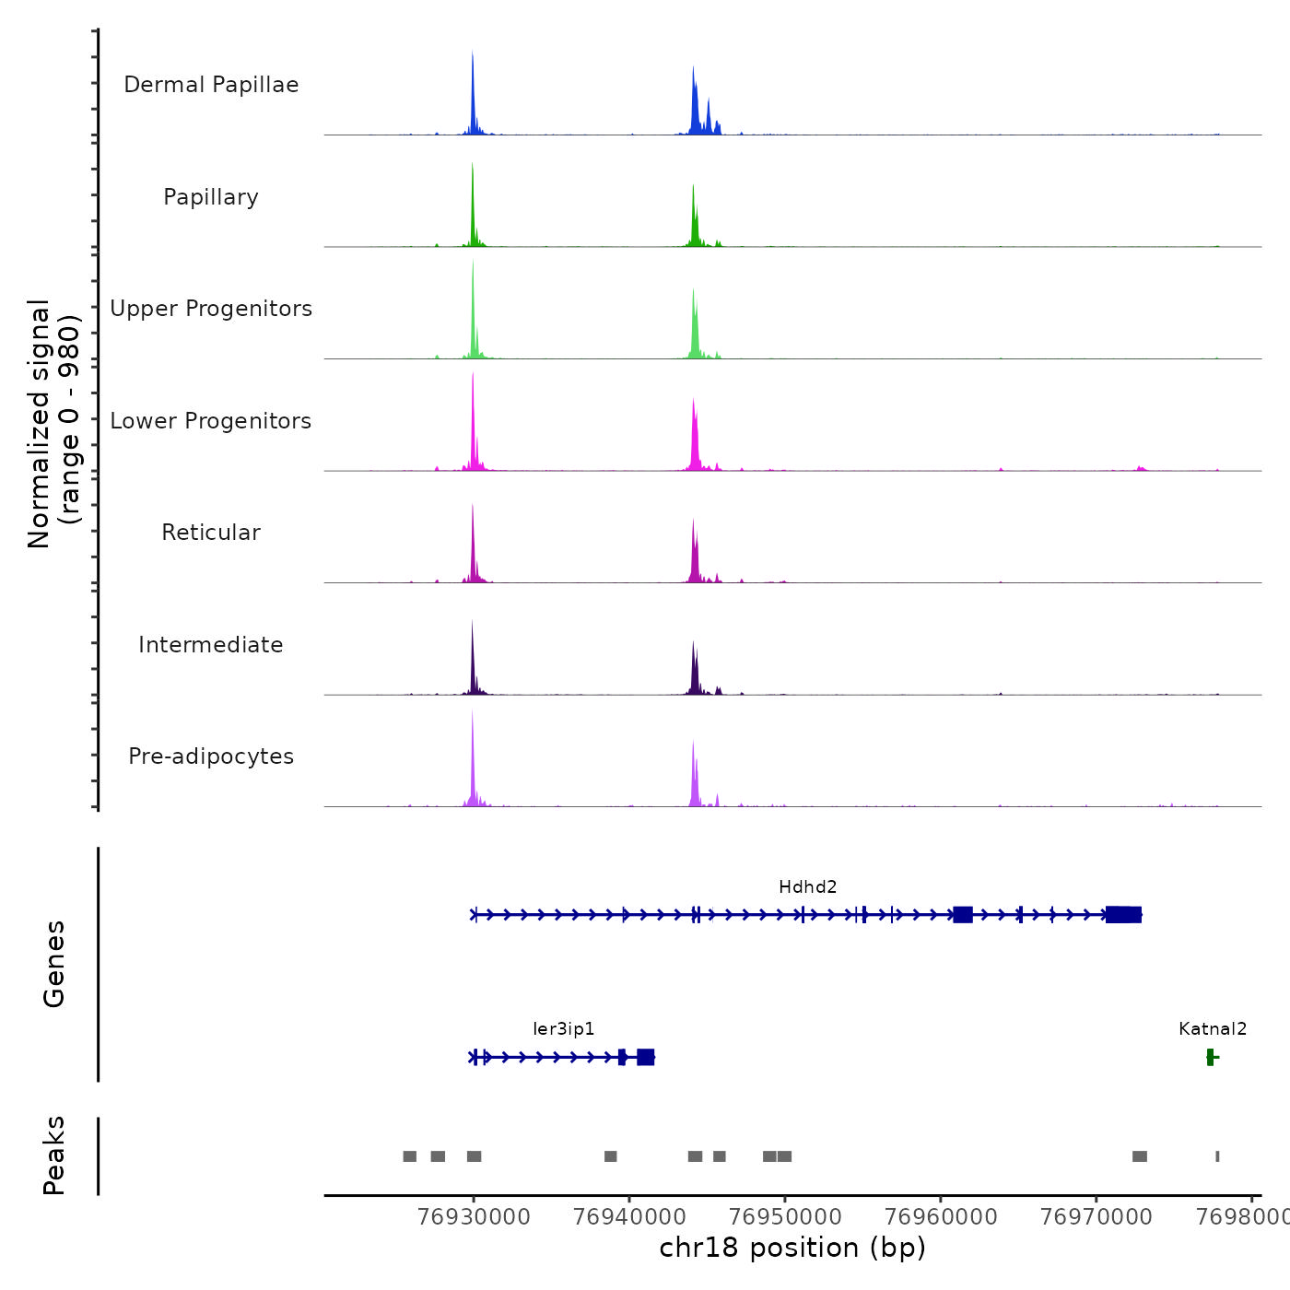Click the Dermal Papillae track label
pos(211,85)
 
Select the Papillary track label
pos(211,197)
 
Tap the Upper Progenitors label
pos(211,309)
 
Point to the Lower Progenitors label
pos(211,421)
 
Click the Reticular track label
pos(211,533)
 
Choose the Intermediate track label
pos(211,645)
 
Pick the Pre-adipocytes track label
pos(211,756)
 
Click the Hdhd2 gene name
pos(808,887)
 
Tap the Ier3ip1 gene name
pos(564,1029)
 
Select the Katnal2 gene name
pos(1213,1029)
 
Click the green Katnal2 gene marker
pos(1211,1057)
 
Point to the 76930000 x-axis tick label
pos(474,1217)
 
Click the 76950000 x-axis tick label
pos(785,1217)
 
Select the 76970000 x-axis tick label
pos(1096,1217)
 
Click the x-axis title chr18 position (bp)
pos(792,1249)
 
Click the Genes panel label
pos(54,964)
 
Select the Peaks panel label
pos(54,1155)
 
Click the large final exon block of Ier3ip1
pos(646,1057)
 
